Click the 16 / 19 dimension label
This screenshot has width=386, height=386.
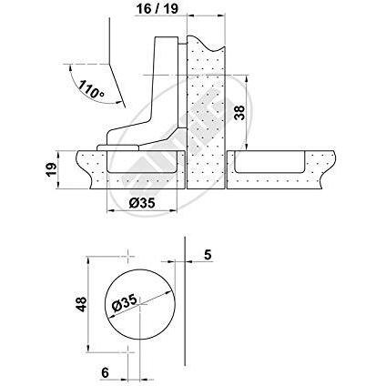pos(157,8)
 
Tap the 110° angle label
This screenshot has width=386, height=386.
pos(91,89)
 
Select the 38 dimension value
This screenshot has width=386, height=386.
pos(239,113)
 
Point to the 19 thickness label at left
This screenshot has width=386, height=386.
pos(51,169)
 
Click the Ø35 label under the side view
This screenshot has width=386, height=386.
pos(142,203)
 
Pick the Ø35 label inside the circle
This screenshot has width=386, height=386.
pos(125,303)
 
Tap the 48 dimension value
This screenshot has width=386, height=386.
pos(81,304)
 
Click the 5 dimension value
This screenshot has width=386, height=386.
pos(208,255)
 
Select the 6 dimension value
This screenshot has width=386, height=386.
pos(105,372)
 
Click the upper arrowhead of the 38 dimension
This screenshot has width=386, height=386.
pos(247,78)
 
